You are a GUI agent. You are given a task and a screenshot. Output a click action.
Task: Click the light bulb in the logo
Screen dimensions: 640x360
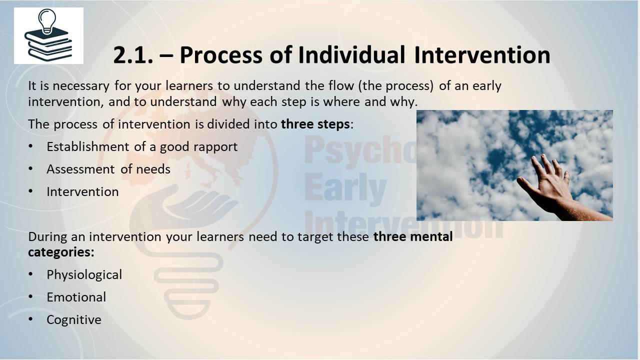pos(47,20)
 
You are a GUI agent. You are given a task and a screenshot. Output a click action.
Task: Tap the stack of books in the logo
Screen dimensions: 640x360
pos(48,45)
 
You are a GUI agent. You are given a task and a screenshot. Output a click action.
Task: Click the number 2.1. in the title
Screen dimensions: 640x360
pos(133,55)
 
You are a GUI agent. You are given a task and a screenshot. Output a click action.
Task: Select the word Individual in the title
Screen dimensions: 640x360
pos(351,55)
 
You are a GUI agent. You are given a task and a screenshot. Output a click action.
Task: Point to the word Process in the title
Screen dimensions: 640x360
pos(221,55)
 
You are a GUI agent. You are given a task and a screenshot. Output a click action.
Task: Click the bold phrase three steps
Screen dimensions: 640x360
pos(315,124)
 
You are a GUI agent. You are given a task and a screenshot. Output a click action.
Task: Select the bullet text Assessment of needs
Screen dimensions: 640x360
pos(108,169)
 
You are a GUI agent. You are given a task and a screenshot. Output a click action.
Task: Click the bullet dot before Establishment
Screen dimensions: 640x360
pos(30,146)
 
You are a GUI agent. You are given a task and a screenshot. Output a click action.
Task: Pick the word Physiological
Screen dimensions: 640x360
pos(84,275)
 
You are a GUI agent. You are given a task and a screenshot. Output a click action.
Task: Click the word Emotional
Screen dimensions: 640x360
pos(76,297)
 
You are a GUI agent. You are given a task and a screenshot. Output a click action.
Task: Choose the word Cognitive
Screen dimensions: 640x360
pos(73,319)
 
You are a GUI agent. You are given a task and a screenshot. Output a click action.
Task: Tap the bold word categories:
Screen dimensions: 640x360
pos(61,252)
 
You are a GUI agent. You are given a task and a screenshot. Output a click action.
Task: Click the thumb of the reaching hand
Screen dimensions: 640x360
pos(525,185)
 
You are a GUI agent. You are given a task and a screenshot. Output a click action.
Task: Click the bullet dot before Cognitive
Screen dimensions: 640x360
pos(30,319)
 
